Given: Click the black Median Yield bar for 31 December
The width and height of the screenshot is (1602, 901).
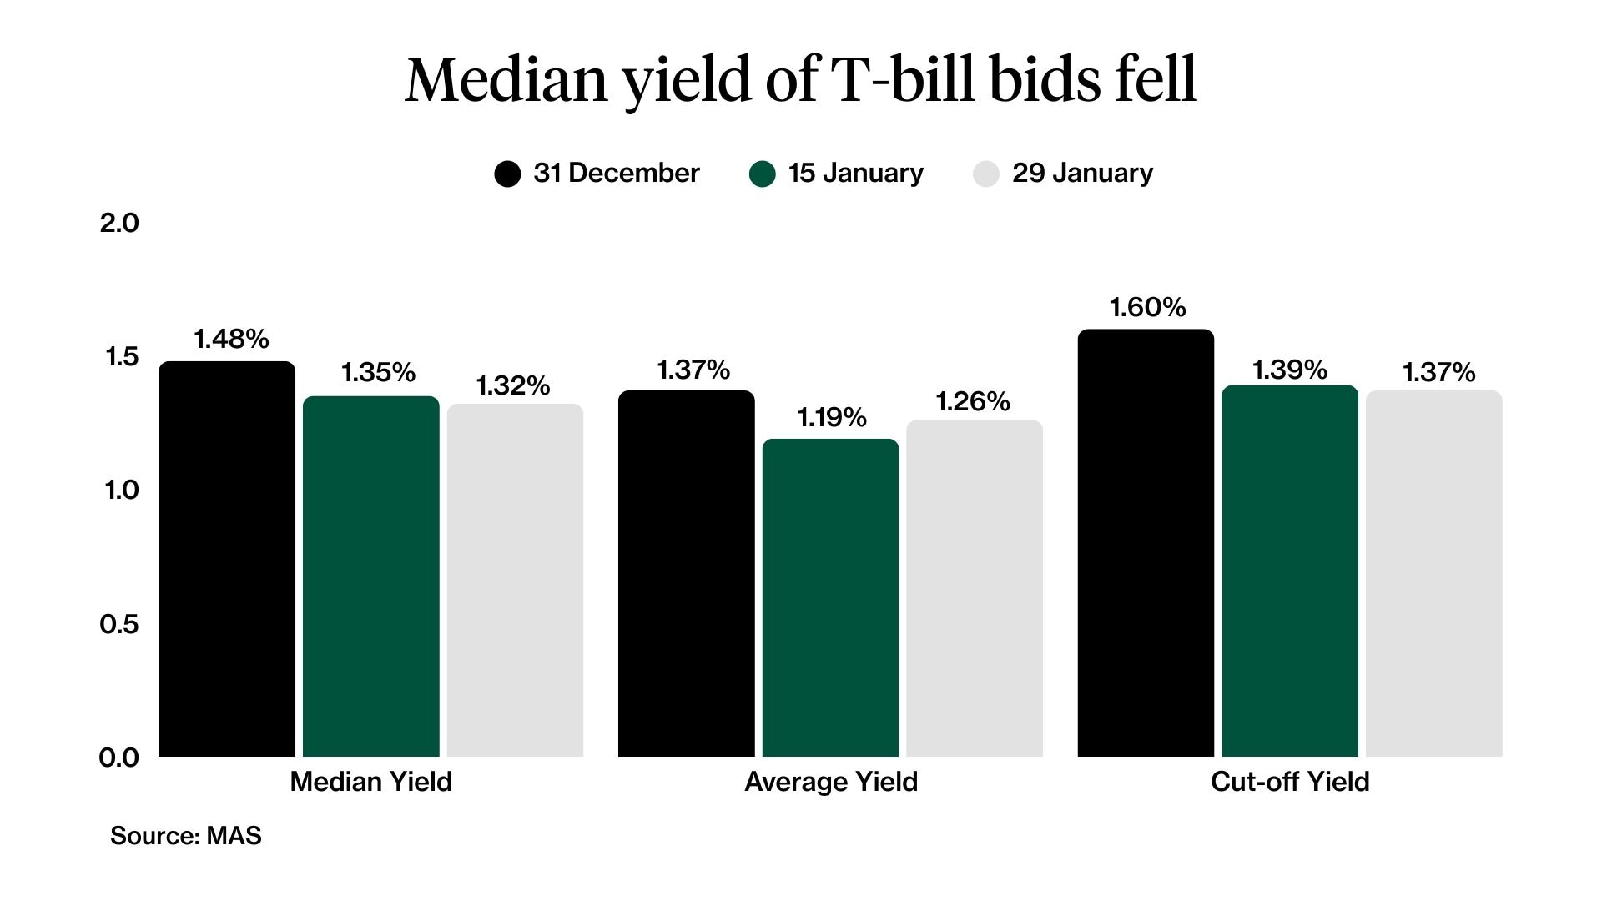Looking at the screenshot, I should point(227,559).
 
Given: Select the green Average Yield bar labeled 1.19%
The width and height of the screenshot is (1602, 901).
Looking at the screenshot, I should point(830,597).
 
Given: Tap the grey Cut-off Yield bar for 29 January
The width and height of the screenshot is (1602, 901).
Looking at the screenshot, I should point(1433,574).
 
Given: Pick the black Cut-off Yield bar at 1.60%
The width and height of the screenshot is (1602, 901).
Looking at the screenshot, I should point(1146,542).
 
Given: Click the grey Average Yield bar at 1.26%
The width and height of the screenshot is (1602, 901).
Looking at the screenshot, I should point(975,588).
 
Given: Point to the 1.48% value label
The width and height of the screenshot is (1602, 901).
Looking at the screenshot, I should point(231,339).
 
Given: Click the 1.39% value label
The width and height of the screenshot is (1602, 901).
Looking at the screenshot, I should point(1289,370).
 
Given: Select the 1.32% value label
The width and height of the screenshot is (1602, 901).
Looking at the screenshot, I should point(513,385).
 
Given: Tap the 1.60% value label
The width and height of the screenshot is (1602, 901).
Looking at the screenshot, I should point(1147,307).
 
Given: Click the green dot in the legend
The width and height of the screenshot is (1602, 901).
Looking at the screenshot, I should point(762,174).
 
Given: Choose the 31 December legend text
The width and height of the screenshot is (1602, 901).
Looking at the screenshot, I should point(616,173).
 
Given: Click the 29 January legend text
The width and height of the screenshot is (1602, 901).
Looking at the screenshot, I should point(1082,173).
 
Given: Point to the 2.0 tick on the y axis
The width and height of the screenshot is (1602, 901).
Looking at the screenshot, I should point(119,223).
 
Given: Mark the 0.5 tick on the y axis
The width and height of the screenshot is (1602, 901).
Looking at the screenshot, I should point(119,624).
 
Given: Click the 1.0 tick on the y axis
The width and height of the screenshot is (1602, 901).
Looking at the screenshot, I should point(121,490).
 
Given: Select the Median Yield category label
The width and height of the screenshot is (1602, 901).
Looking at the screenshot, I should point(370,782).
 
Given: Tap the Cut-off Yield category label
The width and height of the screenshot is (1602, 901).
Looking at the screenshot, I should point(1290,782).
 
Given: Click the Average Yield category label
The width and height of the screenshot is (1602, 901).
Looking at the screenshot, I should point(830,782).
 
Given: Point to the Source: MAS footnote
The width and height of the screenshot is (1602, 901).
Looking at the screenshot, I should point(185,835).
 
